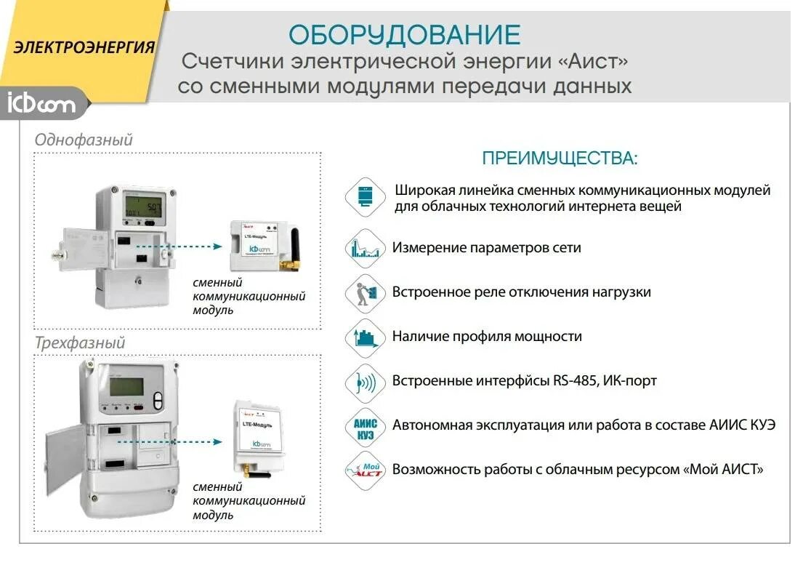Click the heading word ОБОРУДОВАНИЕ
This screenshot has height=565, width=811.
pyautogui.click(x=405, y=35)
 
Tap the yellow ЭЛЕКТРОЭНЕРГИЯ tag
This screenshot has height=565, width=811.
pyautogui.click(x=84, y=47)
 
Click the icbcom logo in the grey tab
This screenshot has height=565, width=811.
pyautogui.click(x=41, y=103)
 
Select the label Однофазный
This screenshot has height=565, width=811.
pyautogui.click(x=84, y=140)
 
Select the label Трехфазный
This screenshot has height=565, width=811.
pyautogui.click(x=80, y=342)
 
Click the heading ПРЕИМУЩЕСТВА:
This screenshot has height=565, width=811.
pyautogui.click(x=560, y=159)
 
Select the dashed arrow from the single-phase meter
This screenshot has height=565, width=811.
pyautogui.click(x=179, y=247)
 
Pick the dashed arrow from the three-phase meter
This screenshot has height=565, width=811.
pyautogui.click(x=179, y=441)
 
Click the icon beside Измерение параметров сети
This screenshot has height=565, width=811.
pyautogui.click(x=364, y=248)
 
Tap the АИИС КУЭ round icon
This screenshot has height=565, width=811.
pyautogui.click(x=364, y=425)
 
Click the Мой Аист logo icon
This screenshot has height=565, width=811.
pyautogui.click(x=364, y=470)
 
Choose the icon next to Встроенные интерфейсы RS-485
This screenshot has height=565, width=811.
pyautogui.click(x=364, y=381)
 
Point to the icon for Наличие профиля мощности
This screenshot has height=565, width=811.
pyautogui.click(x=364, y=337)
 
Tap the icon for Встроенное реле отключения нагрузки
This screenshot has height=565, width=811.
pyautogui.click(x=364, y=292)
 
